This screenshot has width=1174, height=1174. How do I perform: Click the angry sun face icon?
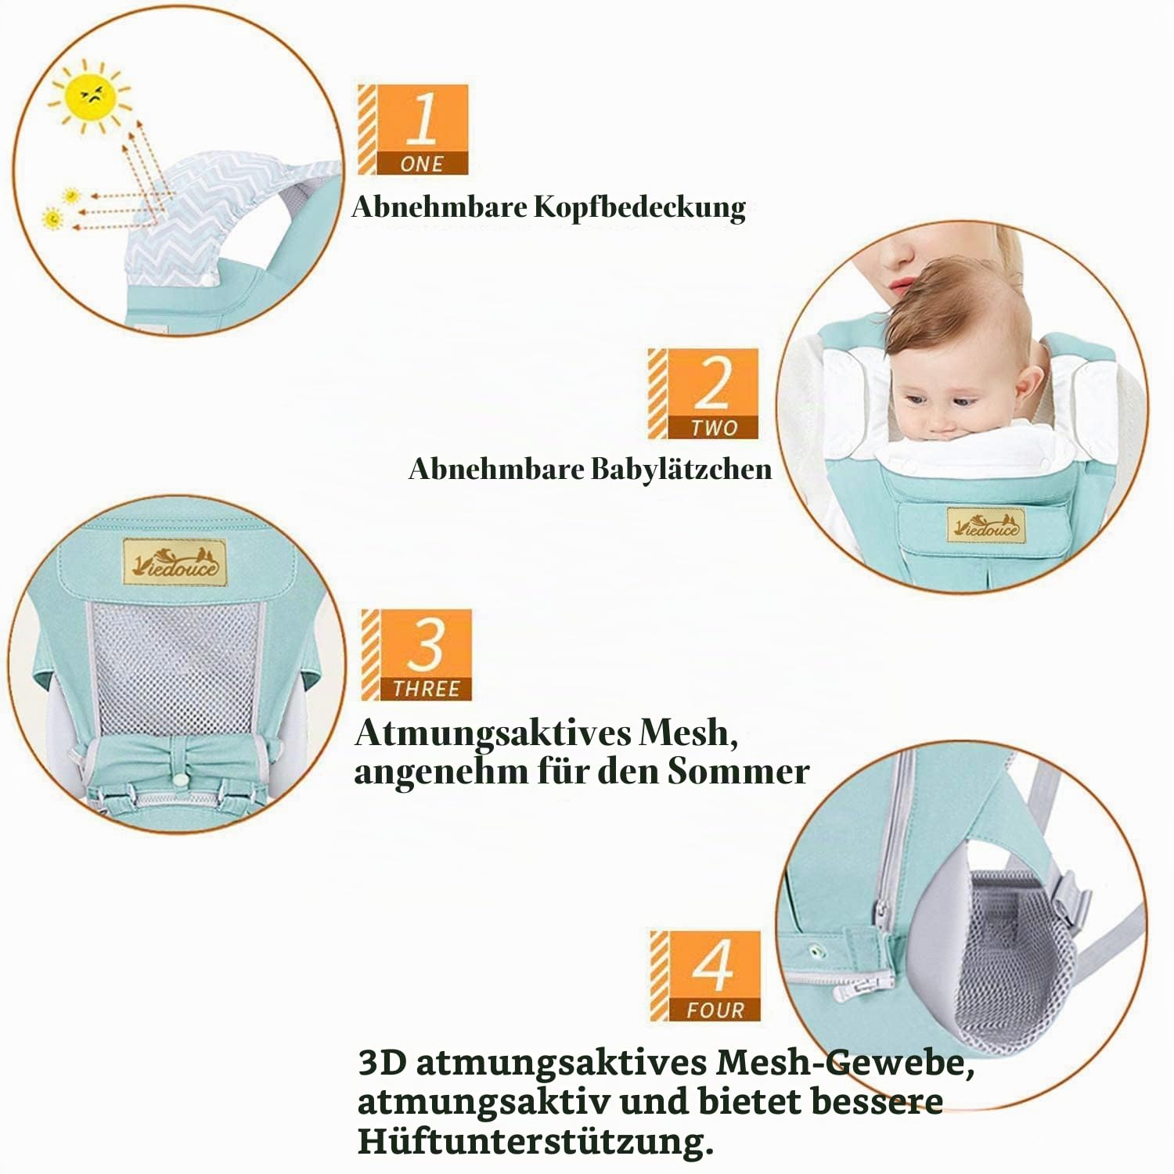(x=90, y=97)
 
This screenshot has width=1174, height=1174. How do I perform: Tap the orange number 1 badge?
(x=413, y=129)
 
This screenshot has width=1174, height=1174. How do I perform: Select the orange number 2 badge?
(x=703, y=394)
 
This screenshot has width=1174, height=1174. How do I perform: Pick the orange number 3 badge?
(x=416, y=655)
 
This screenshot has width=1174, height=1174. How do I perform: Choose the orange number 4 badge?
(x=705, y=976)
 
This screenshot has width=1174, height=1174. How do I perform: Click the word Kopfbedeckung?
(x=640, y=208)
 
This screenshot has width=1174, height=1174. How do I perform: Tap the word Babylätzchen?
(x=681, y=470)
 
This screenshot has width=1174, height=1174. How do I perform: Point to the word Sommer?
(x=738, y=772)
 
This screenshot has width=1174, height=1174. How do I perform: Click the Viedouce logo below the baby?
(x=986, y=526)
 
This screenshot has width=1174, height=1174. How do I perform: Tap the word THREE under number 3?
(x=427, y=689)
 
